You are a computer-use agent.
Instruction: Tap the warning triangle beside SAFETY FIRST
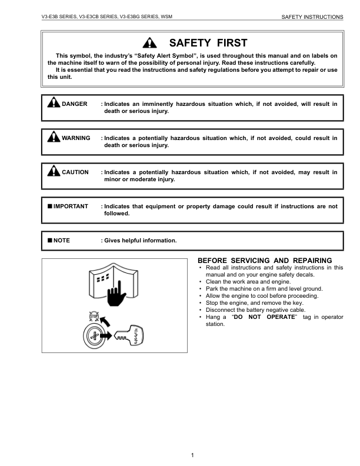(151, 43)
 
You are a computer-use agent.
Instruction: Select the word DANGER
(74, 104)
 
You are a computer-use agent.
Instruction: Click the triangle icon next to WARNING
(54, 138)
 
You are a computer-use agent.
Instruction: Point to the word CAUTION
(75, 172)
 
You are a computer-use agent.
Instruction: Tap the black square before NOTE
(50, 241)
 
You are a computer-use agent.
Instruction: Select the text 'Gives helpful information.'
(140, 241)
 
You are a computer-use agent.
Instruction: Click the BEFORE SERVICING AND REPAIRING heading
(265, 261)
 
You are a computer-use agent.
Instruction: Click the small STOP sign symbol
(92, 316)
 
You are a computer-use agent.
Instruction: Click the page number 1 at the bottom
(192, 455)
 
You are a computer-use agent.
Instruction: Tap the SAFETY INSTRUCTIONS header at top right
(312, 17)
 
